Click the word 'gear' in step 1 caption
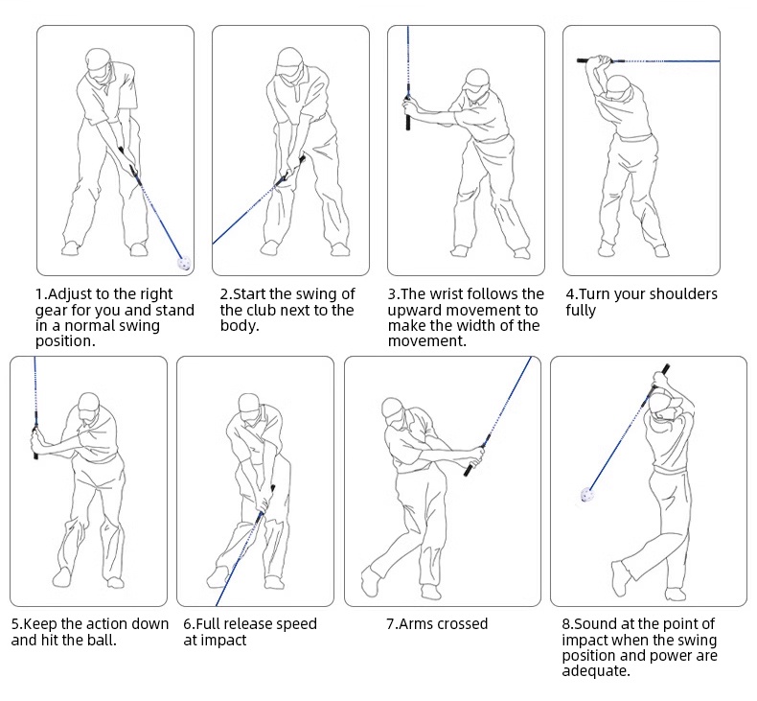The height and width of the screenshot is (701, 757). [x=54, y=310]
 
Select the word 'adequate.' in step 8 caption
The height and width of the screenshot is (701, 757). [x=596, y=671]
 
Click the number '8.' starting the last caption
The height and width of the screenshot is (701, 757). [x=567, y=624]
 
